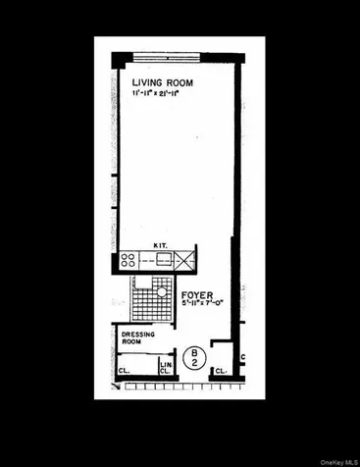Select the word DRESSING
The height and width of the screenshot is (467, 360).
tap(138, 335)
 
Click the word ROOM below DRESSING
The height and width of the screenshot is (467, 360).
tap(132, 343)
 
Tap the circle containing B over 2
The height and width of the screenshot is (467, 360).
tap(194, 358)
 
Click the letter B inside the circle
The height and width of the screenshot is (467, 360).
tap(194, 353)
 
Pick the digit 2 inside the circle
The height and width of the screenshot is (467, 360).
tap(194, 364)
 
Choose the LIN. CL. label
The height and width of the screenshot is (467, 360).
tap(166, 367)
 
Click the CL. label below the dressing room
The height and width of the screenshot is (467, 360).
tap(125, 371)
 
